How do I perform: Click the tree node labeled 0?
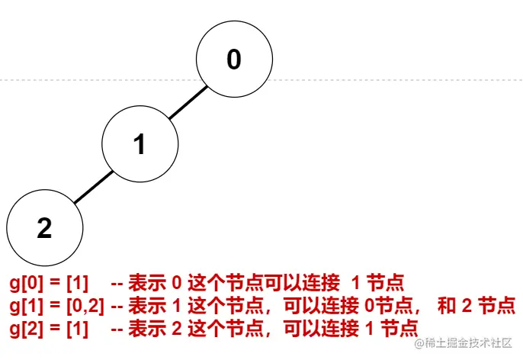click(x=234, y=59)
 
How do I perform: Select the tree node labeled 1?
click(x=140, y=143)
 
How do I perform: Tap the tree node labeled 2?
click(x=44, y=227)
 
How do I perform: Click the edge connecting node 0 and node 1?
click(x=187, y=101)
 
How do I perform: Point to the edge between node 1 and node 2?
click(x=93, y=186)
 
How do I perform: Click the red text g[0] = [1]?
click(x=49, y=284)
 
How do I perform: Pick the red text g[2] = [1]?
click(x=49, y=328)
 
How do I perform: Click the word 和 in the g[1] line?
click(x=447, y=306)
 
